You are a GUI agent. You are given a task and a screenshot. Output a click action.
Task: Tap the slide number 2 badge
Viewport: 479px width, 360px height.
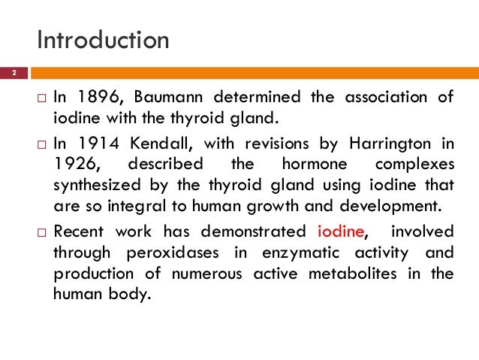(x=13, y=74)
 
